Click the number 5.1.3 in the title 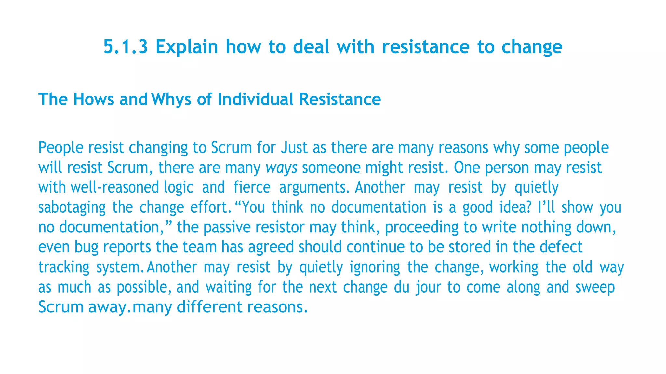tap(126, 47)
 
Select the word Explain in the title tap(187, 47)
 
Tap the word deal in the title tap(311, 47)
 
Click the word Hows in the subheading tap(94, 99)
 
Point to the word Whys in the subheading tap(171, 99)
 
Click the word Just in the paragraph tap(294, 148)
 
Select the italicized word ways tap(281, 168)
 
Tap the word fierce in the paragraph tap(252, 188)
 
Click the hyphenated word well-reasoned tap(115, 188)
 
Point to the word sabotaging tap(72, 207)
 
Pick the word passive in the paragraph tap(227, 227)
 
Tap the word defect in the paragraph tap(561, 247)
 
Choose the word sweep tap(595, 287)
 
